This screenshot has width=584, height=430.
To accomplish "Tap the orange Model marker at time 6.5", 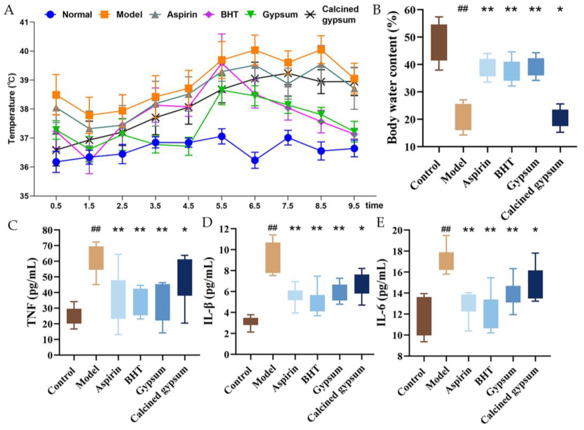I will coord(255,50).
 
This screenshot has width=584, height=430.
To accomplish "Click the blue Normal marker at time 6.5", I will coord(255,160).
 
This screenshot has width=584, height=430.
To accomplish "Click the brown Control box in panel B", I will coord(439,42).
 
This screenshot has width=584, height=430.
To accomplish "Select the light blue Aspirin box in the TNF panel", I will coord(118,299).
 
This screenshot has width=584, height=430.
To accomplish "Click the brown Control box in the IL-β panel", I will coord(251,321).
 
